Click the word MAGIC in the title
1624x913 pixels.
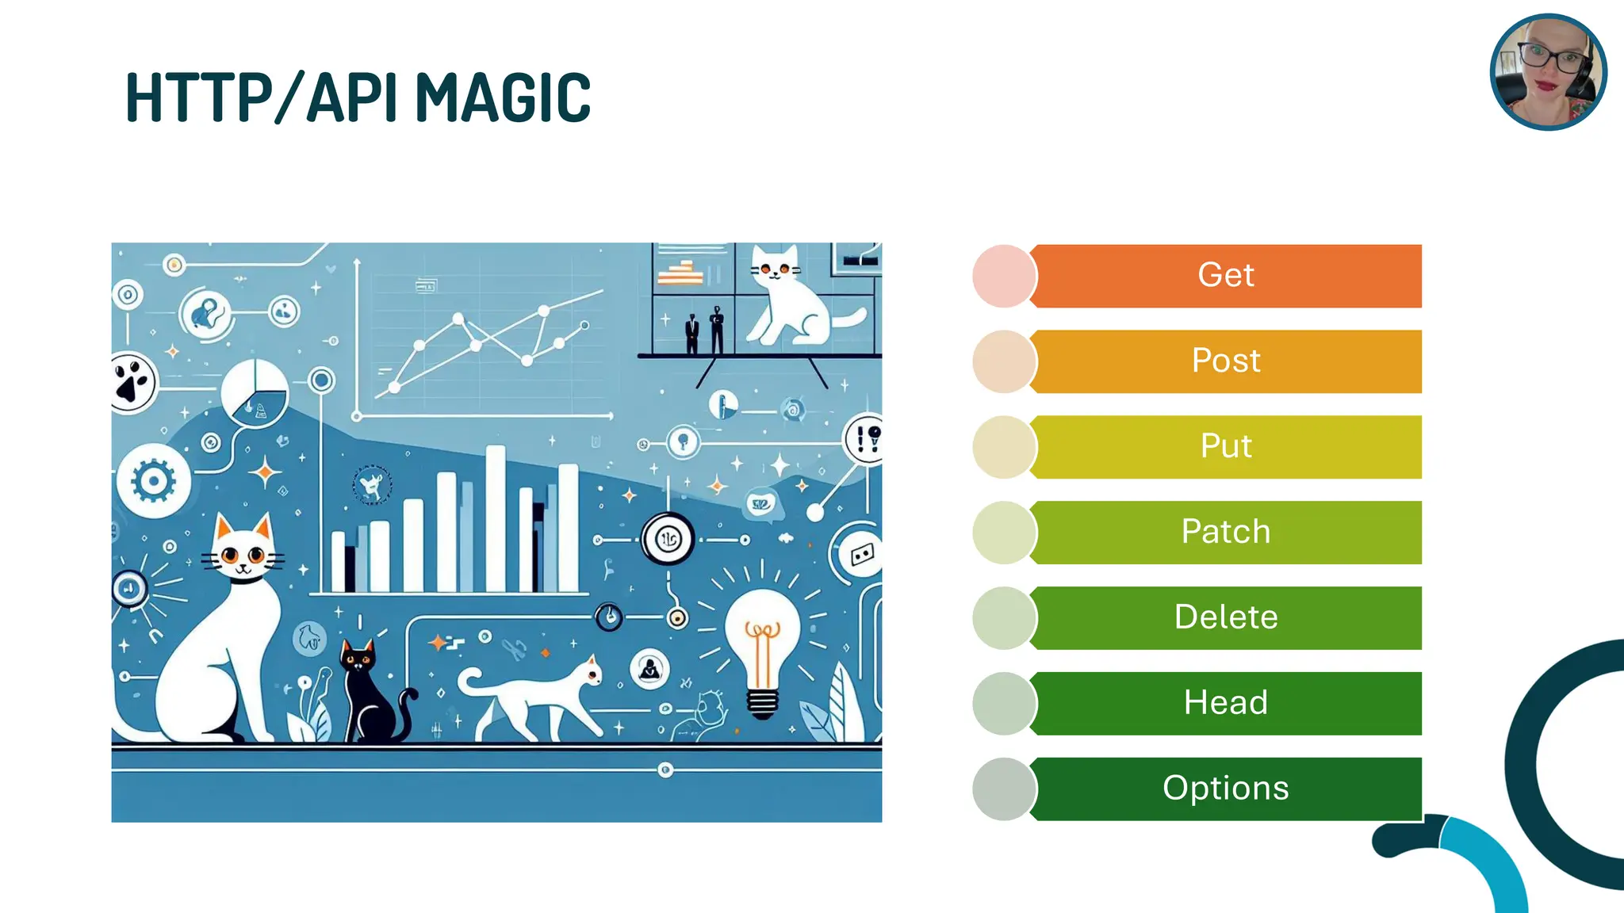click(503, 97)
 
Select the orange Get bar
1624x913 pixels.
click(1226, 276)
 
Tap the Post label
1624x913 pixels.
click(1226, 361)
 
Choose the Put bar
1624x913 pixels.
click(1226, 447)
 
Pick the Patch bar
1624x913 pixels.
click(1226, 533)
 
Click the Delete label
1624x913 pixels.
click(1226, 617)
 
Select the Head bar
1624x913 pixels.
click(1226, 703)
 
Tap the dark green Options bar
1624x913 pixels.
click(1226, 789)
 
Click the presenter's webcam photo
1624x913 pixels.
click(1548, 72)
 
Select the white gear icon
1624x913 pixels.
click(153, 480)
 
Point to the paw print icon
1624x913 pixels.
click(131, 382)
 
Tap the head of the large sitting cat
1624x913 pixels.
click(242, 551)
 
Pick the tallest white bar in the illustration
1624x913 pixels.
click(496, 519)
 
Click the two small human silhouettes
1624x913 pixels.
click(704, 331)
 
